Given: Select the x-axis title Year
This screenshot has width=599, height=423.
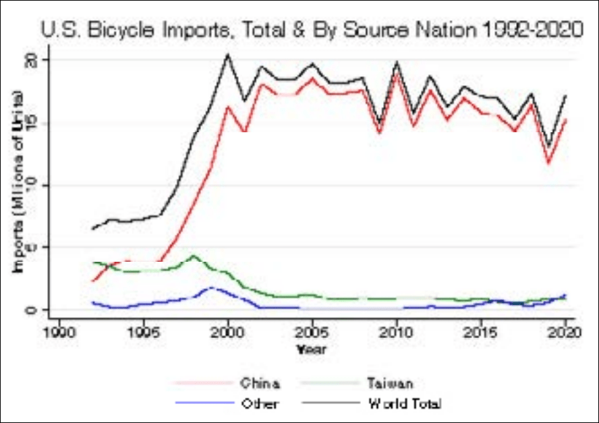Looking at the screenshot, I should tap(311, 349).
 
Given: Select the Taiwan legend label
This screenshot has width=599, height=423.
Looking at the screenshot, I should tap(391, 384).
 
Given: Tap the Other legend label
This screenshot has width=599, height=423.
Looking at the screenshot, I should tap(260, 404).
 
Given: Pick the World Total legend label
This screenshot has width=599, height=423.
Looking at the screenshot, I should tap(405, 404).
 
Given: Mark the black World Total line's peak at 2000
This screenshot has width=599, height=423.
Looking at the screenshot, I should tap(227, 55).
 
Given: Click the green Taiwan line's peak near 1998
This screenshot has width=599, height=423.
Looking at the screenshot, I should tap(194, 256).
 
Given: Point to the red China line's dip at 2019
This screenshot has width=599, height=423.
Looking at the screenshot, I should tap(549, 163).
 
